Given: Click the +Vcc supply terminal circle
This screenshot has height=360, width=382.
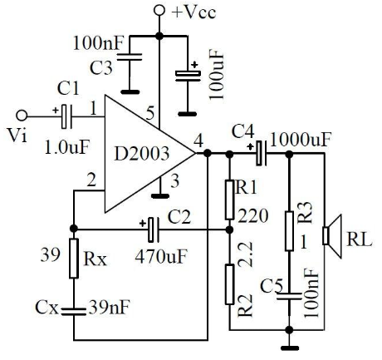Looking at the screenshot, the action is tap(159, 11).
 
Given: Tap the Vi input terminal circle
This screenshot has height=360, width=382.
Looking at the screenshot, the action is tap(22, 116).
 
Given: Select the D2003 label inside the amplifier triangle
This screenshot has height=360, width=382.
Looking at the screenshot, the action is tap(141, 153).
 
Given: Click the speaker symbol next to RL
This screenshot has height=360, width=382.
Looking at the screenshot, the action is tap(332, 236).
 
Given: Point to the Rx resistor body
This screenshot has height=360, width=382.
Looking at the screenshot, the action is tap(74, 259).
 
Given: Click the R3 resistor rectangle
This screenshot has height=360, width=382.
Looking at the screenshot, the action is tap(289, 231).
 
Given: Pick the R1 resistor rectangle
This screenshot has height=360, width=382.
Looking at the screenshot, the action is tap(229, 200).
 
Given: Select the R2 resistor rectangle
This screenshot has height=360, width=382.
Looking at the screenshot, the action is tap(229, 284).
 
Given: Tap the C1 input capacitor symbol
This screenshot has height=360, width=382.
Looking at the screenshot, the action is tap(66, 116).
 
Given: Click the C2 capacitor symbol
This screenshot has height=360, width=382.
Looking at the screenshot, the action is tap(153, 229).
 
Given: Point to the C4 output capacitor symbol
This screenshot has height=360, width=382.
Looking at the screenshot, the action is tap(260, 153).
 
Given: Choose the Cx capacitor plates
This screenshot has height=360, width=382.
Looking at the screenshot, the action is tap(74, 312).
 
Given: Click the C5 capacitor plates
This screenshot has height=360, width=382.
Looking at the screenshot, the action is tap(289, 296).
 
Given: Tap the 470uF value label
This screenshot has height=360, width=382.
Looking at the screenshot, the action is tap(162, 256).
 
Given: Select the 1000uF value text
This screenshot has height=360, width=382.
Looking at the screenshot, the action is tap(301, 140).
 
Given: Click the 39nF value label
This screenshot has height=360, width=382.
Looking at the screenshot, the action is tap(110, 307).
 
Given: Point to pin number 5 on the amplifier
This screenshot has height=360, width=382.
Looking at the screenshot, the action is tap(149, 114).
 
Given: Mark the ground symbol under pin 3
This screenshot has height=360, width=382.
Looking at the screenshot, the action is tap(160, 196).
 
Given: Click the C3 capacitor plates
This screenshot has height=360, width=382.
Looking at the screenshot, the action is tap(130, 57).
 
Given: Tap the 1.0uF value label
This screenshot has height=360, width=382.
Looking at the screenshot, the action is tap(67, 147).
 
